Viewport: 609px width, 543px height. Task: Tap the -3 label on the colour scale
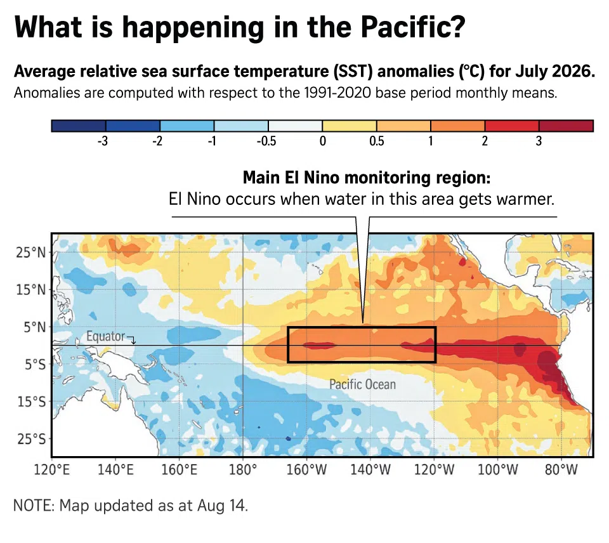point(103,141)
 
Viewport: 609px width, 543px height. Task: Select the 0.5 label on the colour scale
point(376,141)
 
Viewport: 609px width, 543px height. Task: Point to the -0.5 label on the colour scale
point(266,141)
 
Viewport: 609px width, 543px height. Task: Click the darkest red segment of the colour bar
point(566,126)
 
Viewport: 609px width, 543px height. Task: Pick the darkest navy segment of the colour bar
point(79,126)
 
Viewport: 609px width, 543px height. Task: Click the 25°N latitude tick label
point(30,252)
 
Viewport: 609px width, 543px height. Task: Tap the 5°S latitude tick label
point(35,364)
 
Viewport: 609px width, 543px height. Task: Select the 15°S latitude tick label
point(32,402)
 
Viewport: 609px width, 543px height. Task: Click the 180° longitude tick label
point(243,469)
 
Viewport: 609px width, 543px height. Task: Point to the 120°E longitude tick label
point(51,469)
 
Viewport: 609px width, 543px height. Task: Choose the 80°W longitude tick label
point(561,469)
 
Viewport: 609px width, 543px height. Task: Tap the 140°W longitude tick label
point(370,469)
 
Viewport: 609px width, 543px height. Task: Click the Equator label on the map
point(106,336)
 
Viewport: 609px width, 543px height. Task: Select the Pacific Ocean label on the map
point(363,384)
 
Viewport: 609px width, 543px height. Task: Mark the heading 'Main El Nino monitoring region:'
point(367,178)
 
